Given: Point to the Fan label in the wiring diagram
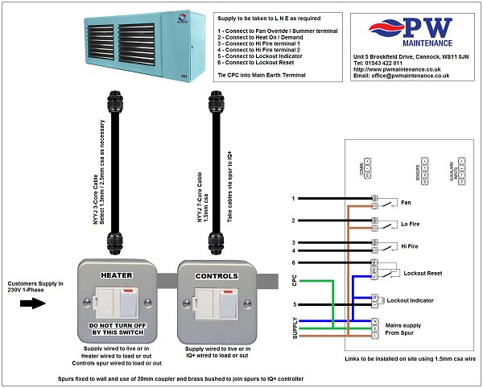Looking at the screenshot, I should coord(406,202).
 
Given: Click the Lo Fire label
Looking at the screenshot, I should coord(411,225).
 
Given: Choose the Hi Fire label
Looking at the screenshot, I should coord(410,246).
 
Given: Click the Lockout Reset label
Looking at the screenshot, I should coord(423,274).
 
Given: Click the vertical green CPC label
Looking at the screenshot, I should coord(295,280).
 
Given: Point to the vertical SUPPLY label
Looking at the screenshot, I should coord(295,328).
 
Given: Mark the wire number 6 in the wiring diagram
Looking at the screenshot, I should coord(294,262).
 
